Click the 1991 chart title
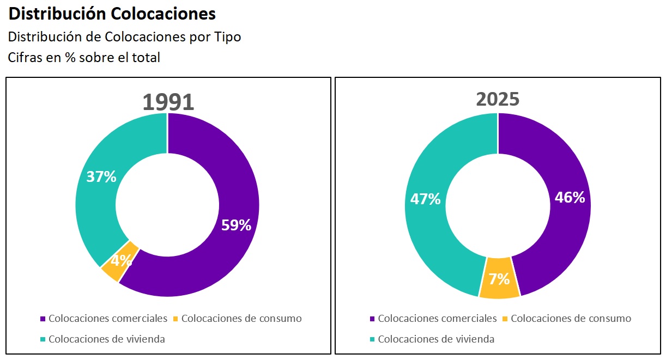tap(168, 102)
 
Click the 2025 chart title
tap(498, 99)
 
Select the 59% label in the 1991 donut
tap(236, 225)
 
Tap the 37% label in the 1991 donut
tap(101, 176)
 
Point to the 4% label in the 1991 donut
tap(121, 260)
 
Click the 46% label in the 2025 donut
tap(570, 197)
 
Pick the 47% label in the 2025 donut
tap(425, 199)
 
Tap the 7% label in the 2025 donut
tap(499, 279)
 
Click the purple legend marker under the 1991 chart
tap(43, 319)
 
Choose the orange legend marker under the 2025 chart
tap(505, 319)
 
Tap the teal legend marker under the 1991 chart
tap(43, 339)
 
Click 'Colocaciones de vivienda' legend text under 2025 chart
tap(436, 339)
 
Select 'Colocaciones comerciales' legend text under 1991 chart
tap(108, 319)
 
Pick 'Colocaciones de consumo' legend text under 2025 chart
tap(571, 319)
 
